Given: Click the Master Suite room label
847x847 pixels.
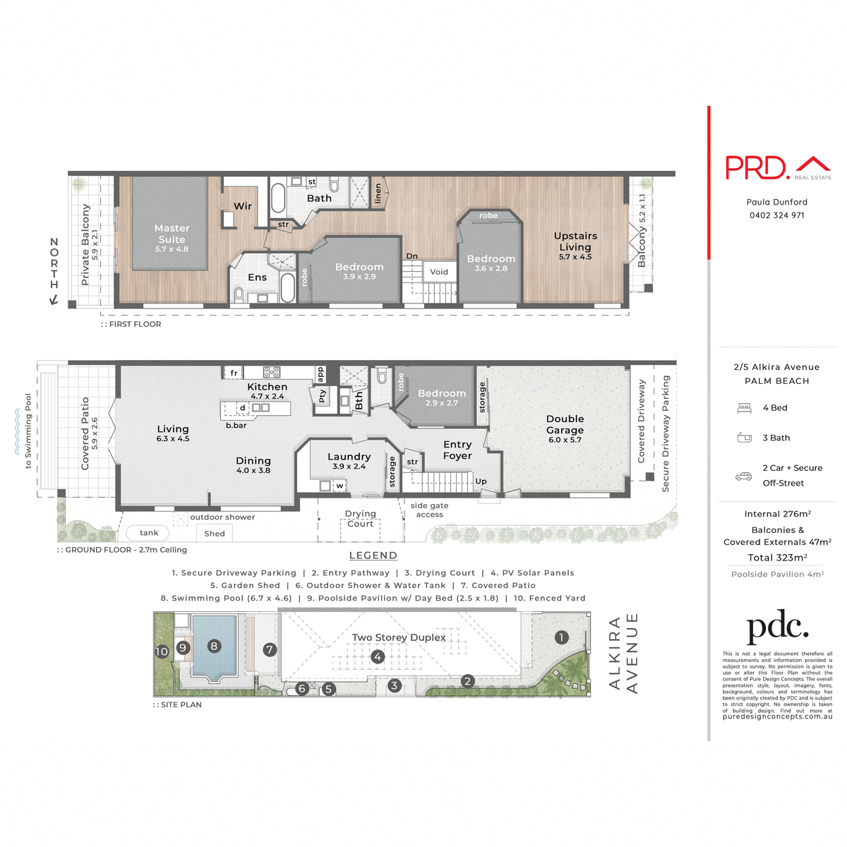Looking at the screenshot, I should pos(172,234).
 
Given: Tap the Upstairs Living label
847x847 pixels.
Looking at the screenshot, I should pos(575,241).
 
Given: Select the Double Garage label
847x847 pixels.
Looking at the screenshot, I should pos(565,424).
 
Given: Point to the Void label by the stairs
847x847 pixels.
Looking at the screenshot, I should pos(439,272).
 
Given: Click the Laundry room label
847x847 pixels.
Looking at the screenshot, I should pos(349,457).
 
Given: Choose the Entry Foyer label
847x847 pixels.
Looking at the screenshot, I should pos(457,450).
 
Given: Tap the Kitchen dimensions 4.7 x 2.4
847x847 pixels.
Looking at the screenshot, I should pos(268,397).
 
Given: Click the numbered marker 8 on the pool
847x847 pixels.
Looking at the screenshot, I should pos(214,646).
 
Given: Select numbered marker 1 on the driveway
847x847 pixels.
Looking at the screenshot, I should pos(561,637).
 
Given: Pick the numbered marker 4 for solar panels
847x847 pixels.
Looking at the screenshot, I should pos(378,657).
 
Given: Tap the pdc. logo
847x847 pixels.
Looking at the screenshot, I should pos(777,626).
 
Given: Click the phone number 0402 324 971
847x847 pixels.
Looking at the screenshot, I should pos(776,215).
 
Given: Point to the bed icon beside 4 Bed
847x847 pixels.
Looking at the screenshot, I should pos(744,408).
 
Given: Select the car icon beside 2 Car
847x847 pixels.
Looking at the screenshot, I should pos(743,476).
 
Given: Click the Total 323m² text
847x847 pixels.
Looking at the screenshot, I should pos(777,558).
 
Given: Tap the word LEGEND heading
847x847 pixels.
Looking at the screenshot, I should pos(373,555).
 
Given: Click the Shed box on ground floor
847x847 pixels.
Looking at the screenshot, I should pos(215,534).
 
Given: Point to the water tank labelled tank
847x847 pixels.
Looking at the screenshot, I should pos(148,533).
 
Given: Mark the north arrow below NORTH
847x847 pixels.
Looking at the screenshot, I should pos(54,300).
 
